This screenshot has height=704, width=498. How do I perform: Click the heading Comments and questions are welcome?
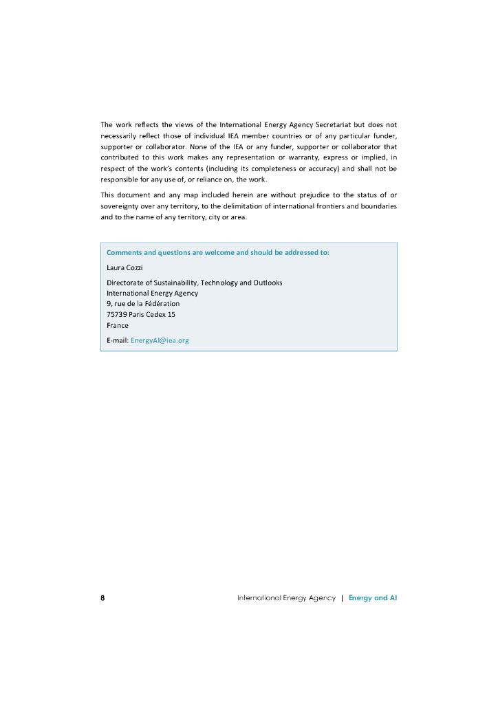coord(217,252)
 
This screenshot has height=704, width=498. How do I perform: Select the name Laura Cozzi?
coord(124,267)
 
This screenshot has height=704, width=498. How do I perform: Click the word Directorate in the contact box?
coord(126,283)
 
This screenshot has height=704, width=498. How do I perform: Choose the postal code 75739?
coord(116,314)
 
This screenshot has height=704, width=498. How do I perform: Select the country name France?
coord(117,325)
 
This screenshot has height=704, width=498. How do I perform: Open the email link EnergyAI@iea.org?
coord(160,340)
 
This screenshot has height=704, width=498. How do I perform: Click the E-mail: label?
coord(118,340)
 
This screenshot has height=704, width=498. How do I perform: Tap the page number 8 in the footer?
coord(102,598)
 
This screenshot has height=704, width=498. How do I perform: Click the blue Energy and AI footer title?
coord(373,598)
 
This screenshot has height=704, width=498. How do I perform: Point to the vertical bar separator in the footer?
coord(342,598)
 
